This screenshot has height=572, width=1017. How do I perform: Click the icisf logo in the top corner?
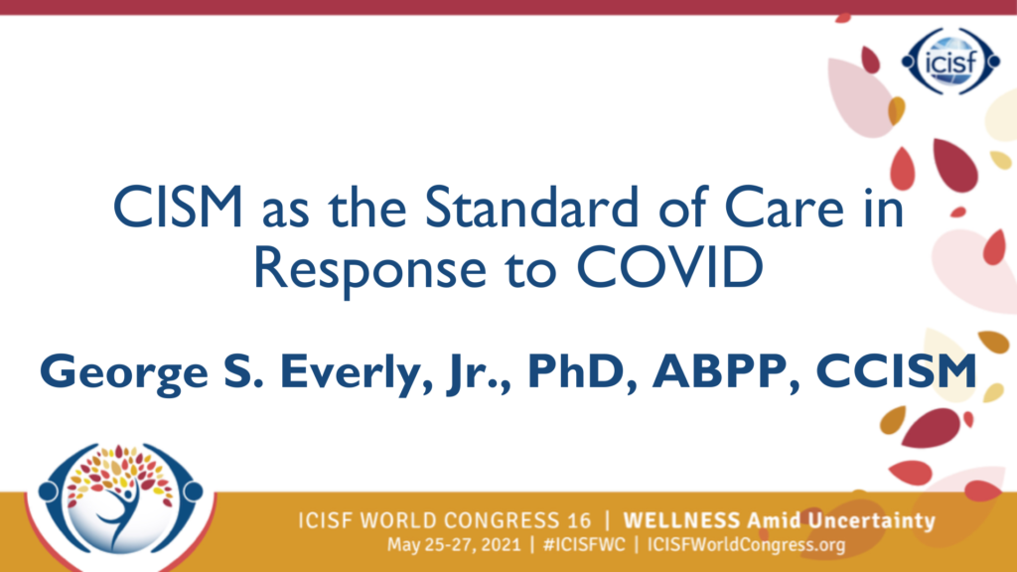(950, 62)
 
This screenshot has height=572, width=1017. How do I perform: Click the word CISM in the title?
(178, 208)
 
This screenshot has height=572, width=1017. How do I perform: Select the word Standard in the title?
(532, 208)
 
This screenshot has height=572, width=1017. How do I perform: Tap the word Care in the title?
(784, 208)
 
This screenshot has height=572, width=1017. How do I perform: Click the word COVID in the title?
(669, 267)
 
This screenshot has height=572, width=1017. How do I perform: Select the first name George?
(124, 373)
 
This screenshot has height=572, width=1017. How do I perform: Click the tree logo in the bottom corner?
(120, 501)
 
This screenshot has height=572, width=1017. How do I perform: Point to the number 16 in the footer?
(579, 520)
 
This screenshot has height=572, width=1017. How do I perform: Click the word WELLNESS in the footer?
(681, 520)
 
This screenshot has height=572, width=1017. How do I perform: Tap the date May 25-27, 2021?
(454, 545)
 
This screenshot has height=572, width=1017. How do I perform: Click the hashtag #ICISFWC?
(584, 544)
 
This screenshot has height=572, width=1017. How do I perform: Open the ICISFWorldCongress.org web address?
(746, 545)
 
